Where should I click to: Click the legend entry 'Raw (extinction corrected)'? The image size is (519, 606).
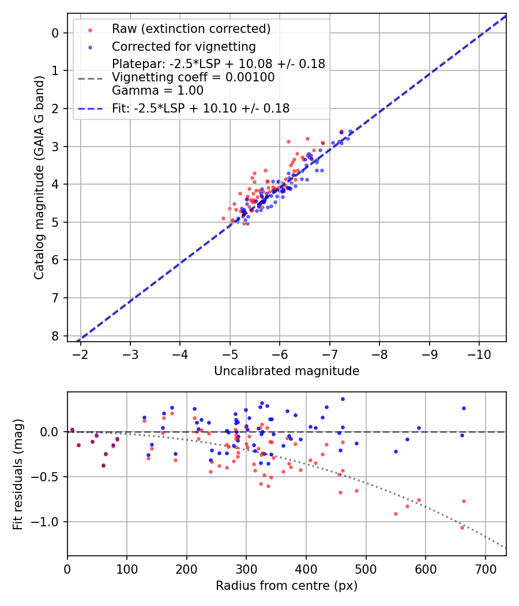(x=191, y=29)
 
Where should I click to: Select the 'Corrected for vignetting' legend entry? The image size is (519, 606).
(x=184, y=46)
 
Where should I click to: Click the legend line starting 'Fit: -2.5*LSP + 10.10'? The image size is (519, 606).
(x=201, y=108)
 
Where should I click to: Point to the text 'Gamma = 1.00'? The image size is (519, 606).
(x=157, y=90)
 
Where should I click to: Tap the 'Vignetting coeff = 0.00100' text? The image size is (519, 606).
(x=193, y=77)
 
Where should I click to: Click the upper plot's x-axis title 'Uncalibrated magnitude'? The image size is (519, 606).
(x=287, y=371)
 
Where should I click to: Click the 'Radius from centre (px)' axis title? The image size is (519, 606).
(x=287, y=586)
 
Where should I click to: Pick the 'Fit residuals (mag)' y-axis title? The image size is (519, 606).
(x=18, y=474)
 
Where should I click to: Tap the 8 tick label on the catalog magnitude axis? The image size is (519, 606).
(x=55, y=336)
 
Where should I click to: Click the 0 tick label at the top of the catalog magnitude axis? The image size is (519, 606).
(x=55, y=33)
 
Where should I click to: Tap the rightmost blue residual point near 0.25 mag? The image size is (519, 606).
(x=464, y=408)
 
